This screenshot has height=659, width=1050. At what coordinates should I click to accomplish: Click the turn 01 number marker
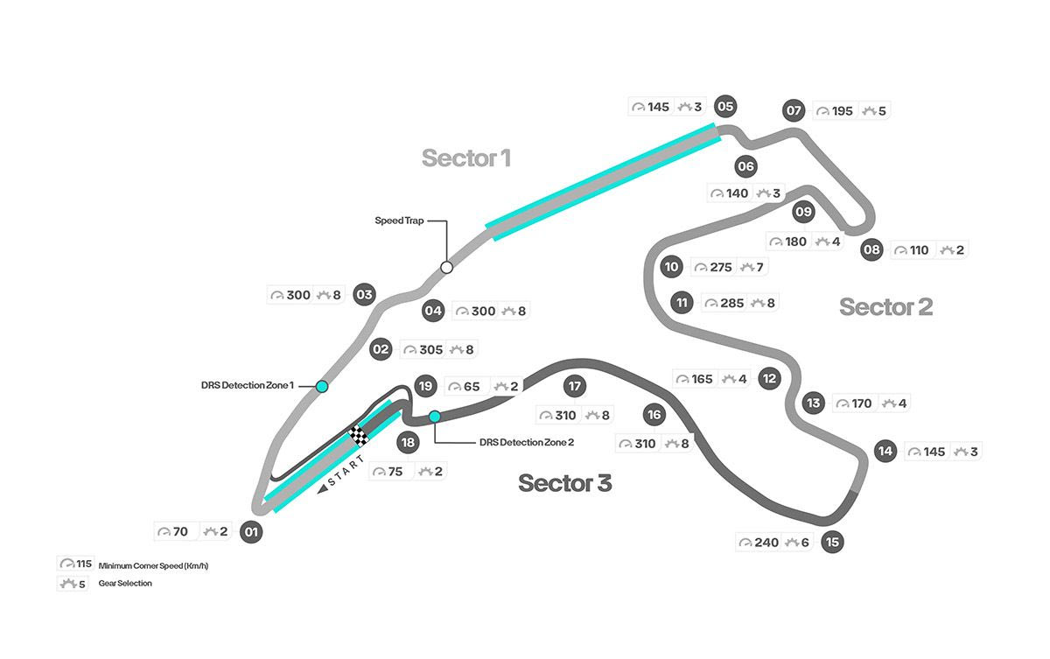pos(252,531)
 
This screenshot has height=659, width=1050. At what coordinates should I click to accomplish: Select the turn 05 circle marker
pos(725,107)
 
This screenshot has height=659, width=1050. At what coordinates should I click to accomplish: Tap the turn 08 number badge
pos(871,250)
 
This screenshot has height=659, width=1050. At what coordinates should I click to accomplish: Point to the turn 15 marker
pos(833,543)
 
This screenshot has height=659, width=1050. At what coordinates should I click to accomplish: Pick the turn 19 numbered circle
pos(425,385)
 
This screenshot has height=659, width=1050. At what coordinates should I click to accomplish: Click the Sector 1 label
pos(465,158)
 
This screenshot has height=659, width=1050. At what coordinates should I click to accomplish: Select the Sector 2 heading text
pos(885,307)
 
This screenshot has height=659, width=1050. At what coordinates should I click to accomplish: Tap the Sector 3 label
pos(564,482)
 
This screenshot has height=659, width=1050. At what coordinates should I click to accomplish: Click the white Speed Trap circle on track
pos(446,267)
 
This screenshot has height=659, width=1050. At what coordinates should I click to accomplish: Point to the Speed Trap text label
pos(399,221)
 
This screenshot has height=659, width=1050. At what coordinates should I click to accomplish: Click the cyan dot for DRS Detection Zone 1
pos(322,386)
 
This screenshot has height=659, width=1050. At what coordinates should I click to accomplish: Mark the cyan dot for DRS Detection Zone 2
pos(434,416)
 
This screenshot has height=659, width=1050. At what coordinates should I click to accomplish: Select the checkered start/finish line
pos(358,434)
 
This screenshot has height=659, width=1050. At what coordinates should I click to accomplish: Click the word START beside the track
pos(344,473)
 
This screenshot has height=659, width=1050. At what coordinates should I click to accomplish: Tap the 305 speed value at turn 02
pos(430,350)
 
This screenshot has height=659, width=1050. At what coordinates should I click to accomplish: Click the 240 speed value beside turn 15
pos(766,543)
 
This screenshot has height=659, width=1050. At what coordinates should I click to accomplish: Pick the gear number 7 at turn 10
pos(759,267)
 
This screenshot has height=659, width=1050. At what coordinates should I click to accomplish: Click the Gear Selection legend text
pos(125,584)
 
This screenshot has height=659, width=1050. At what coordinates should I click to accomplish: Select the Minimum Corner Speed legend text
pos(153,566)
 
